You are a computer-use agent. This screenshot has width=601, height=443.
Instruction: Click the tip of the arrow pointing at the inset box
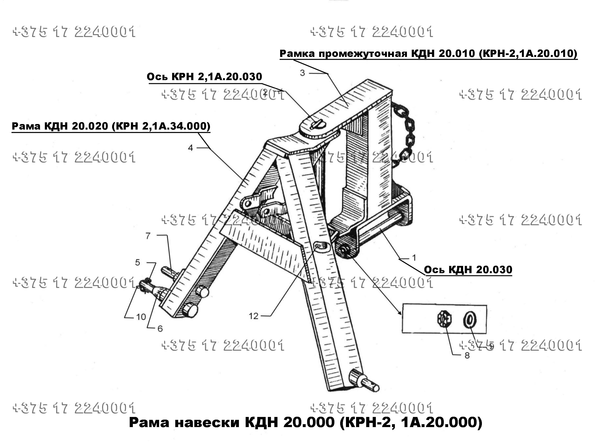(x=401, y=315)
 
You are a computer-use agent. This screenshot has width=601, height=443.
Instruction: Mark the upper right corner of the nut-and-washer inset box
(x=486, y=305)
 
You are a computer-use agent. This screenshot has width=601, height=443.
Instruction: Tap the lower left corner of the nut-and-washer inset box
(x=402, y=333)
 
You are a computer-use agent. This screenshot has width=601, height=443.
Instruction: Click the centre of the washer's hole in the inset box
(x=470, y=320)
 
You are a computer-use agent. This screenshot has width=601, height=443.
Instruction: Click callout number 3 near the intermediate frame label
(x=303, y=73)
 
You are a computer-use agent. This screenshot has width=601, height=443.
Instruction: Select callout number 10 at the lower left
(x=141, y=317)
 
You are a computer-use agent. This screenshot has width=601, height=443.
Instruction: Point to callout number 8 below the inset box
(x=467, y=356)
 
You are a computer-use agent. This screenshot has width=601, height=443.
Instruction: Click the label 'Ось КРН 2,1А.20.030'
(x=204, y=77)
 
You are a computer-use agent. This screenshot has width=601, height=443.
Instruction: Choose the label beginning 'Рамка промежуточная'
(x=428, y=54)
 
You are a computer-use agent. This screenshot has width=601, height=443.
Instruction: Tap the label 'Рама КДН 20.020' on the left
(x=111, y=126)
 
